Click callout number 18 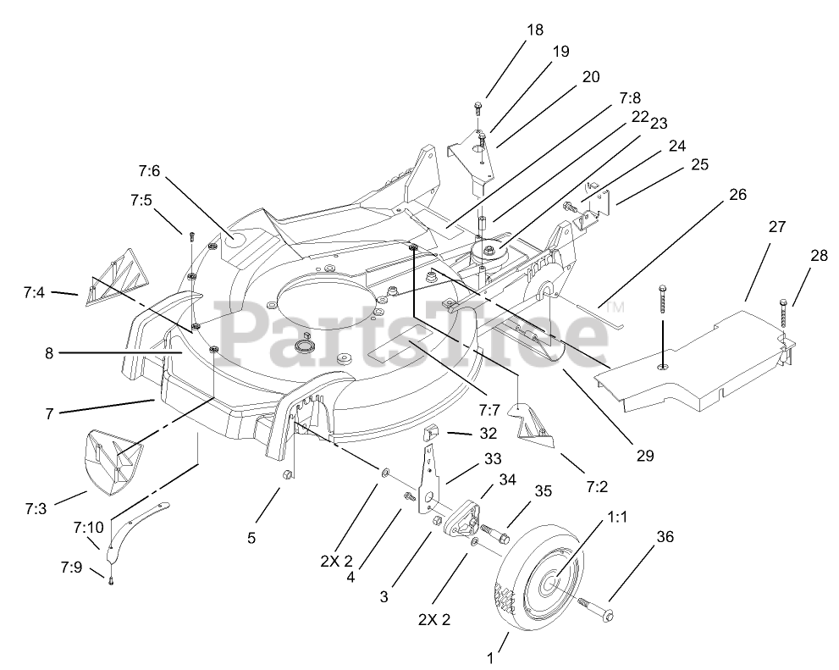pyautogui.click(x=534, y=30)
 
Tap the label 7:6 pyautogui.click(x=149, y=171)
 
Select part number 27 pyautogui.click(x=776, y=228)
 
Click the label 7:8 pyautogui.click(x=632, y=99)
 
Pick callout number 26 pyautogui.click(x=737, y=194)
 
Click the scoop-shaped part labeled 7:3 pyautogui.click(x=111, y=458)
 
